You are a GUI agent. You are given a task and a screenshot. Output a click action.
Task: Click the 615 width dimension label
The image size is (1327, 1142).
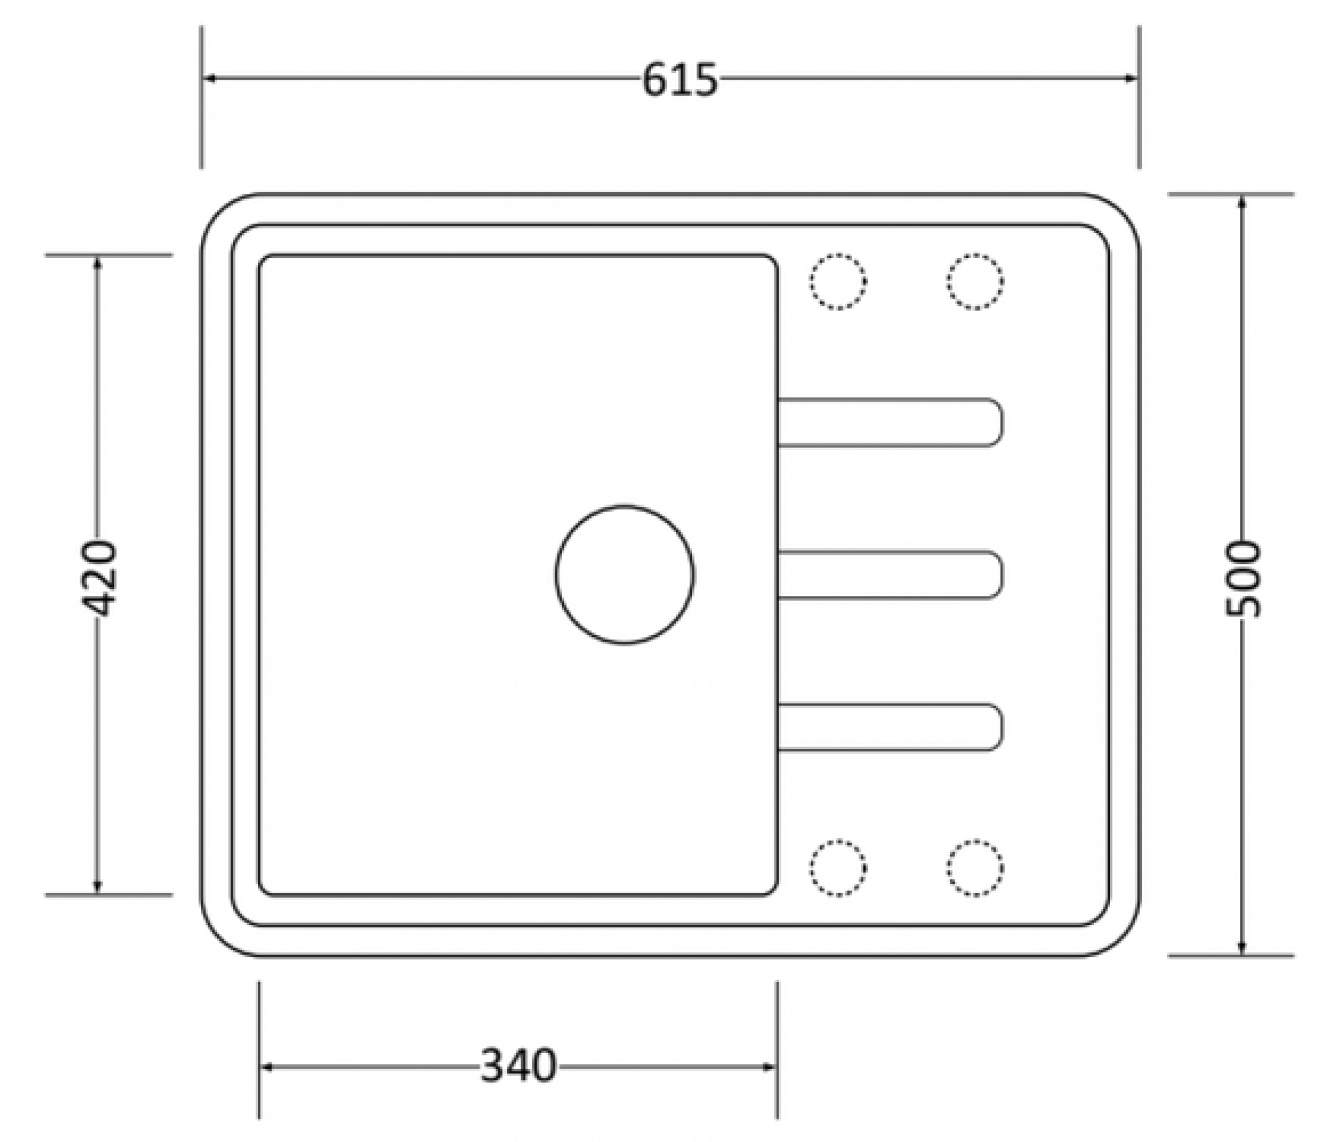(x=680, y=80)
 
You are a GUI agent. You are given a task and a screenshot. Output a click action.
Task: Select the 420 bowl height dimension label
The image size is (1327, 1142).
(x=98, y=578)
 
